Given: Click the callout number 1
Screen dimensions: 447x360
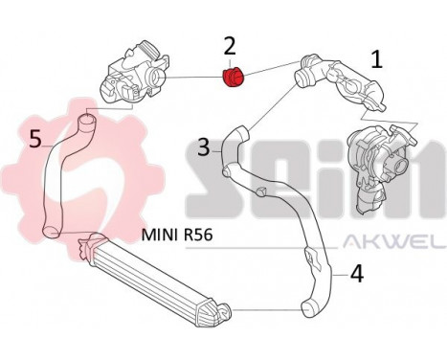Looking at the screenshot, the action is [377, 59].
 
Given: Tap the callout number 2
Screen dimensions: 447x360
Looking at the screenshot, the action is [229, 45].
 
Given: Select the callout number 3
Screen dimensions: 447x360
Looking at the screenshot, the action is [204, 148].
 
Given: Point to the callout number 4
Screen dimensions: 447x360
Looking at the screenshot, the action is [356, 274].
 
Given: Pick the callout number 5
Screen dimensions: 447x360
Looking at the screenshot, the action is [35, 140].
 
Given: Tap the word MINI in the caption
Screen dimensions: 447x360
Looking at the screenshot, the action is [161, 233].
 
